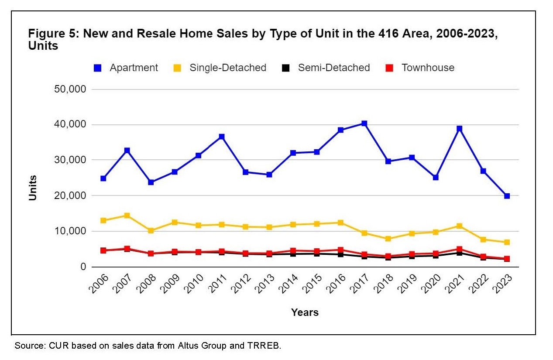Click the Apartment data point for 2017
pyautogui.click(x=364, y=123)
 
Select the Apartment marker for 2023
pyautogui.click(x=507, y=196)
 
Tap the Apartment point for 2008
pyautogui.click(x=151, y=182)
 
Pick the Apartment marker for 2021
pyautogui.click(x=459, y=129)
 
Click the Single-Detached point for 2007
pyautogui.click(x=127, y=216)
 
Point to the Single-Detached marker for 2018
pyautogui.click(x=388, y=239)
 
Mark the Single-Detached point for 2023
pyautogui.click(x=507, y=242)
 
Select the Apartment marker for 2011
pyautogui.click(x=222, y=137)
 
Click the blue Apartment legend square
pyautogui.click(x=97, y=68)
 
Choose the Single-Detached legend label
pyautogui.click(x=227, y=68)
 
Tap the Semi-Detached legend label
pyautogui.click(x=334, y=68)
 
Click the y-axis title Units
pyautogui.click(x=33, y=188)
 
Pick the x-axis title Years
pyautogui.click(x=305, y=312)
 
